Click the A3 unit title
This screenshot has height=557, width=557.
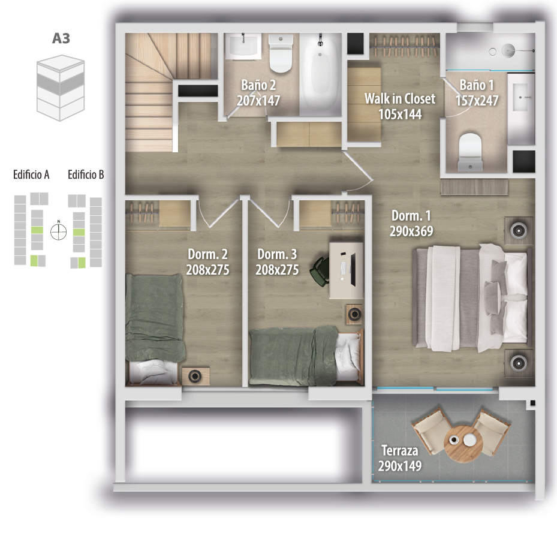[61, 38]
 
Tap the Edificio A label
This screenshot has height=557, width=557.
[31, 174]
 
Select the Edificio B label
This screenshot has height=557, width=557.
[86, 174]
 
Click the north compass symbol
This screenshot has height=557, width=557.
[59, 231]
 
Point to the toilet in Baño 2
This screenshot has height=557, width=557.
[281, 53]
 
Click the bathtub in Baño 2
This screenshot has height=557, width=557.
[320, 75]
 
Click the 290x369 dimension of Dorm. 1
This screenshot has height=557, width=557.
[411, 231]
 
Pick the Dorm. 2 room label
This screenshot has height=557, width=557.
[208, 254]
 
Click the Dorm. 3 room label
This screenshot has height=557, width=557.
[277, 254]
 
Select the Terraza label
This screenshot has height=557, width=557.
[400, 451]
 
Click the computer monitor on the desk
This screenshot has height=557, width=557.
[353, 270]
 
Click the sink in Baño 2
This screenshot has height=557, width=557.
[243, 46]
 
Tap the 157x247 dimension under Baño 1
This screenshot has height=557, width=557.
[477, 101]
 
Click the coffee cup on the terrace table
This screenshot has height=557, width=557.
[454, 439]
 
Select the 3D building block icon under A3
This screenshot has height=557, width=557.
[61, 88]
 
